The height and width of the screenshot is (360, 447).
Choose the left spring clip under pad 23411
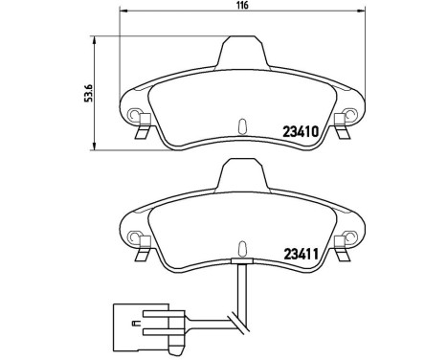[141, 255]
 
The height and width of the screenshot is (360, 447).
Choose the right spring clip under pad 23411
[344, 255]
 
